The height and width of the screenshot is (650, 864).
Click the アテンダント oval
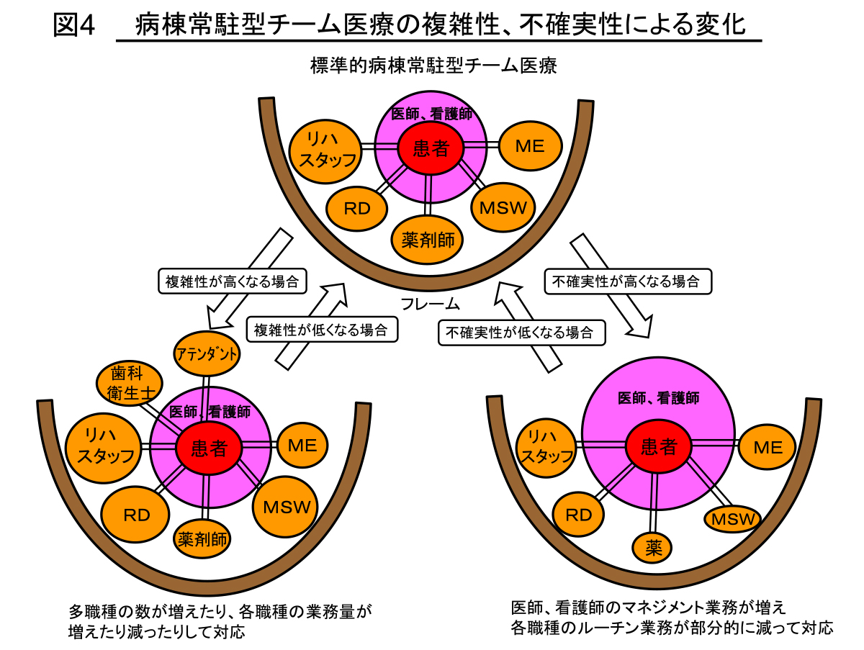[x=207, y=354]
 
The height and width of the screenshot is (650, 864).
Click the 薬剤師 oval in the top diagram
[x=428, y=240]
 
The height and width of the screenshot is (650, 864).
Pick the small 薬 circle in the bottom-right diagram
[x=653, y=549]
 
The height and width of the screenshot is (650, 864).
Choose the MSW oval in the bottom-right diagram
[x=732, y=519]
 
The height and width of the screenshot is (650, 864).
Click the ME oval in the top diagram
[x=530, y=145]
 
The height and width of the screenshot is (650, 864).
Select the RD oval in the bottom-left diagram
[x=136, y=515]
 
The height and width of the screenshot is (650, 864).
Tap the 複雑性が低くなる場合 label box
[x=321, y=330]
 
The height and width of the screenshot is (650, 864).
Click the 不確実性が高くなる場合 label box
[x=626, y=281]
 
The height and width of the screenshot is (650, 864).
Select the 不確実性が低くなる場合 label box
[x=521, y=332]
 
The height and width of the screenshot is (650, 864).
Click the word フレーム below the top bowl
[x=431, y=303]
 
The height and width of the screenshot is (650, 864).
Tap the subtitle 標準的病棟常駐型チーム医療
[x=433, y=66]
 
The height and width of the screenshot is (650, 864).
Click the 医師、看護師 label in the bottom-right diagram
[x=659, y=397]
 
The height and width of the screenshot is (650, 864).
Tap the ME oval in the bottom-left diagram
[x=302, y=445]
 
